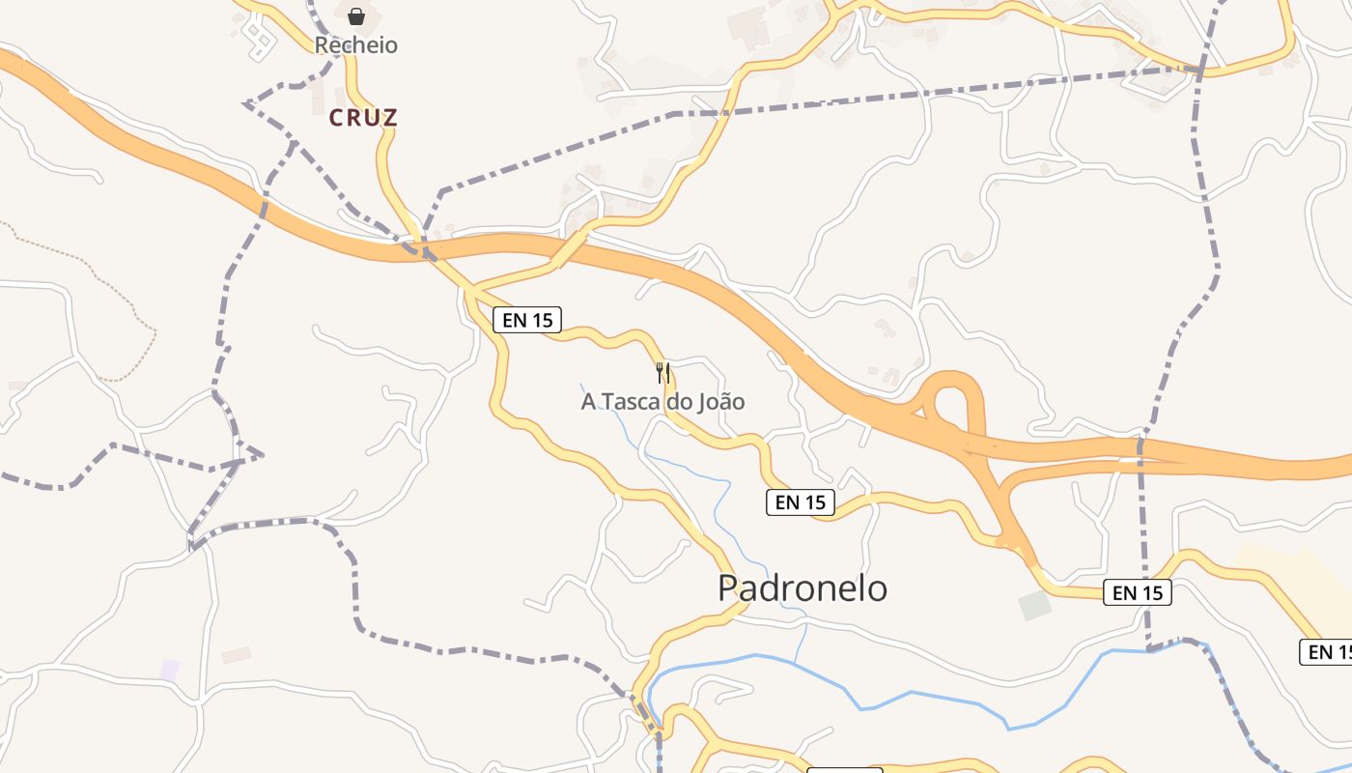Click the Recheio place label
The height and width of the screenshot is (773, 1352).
[355, 45]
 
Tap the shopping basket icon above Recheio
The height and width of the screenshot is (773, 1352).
[356, 16]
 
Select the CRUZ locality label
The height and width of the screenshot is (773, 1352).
[363, 118]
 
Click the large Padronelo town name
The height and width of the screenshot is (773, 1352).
[802, 587]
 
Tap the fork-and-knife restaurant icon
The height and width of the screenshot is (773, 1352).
[662, 372]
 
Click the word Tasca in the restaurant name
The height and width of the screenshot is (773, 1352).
[633, 401]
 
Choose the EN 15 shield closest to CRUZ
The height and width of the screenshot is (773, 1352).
[527, 320]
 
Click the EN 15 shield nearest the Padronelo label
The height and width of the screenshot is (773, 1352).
[801, 502]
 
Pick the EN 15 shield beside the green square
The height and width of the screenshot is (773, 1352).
[1137, 592]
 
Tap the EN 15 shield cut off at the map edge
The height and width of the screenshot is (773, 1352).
[1328, 652]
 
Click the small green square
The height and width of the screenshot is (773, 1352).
[1034, 606]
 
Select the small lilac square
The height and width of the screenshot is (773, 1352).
[170, 670]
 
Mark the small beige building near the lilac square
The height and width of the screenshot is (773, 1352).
[236, 655]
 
